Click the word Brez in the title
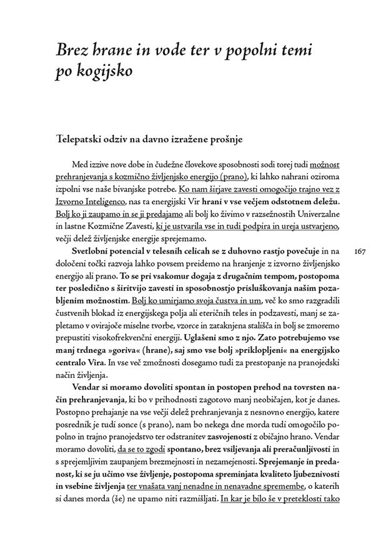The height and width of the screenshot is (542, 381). tap(72, 50)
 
